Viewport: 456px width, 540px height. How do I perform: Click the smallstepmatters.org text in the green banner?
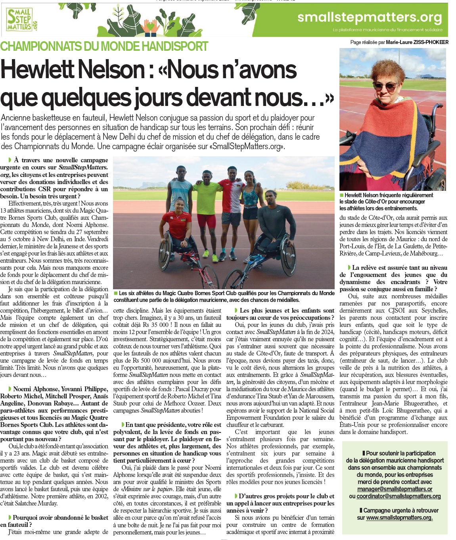point(369,17)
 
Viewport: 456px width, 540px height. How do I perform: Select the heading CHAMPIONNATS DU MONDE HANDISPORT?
point(104,46)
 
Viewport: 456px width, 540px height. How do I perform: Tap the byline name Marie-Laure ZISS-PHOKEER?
point(417,42)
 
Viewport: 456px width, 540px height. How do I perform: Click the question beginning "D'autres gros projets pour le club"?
point(280,503)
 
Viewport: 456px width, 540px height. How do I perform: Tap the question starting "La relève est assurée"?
point(393,278)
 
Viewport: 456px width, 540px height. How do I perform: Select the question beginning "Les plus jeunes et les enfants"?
point(280,314)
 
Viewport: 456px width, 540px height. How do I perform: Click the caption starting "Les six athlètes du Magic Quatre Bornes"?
point(224,296)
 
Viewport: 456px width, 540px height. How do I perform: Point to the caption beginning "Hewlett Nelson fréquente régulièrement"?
point(386,202)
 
